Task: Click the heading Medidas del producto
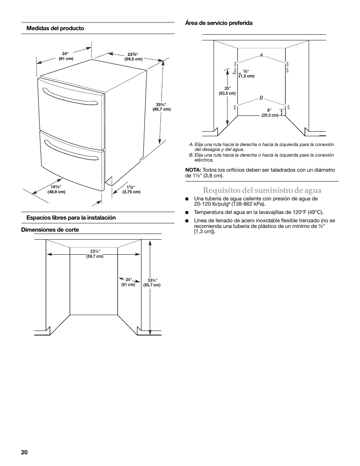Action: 55,28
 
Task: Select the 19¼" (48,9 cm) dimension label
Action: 56,189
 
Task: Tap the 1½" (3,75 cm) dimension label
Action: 131,189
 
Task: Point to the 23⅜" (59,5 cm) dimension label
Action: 133,57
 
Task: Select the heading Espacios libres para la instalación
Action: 71,218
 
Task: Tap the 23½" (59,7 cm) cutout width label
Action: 95,254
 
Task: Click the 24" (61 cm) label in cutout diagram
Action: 128,282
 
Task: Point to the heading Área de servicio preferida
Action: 218,23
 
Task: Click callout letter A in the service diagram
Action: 261,55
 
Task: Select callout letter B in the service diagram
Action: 261,98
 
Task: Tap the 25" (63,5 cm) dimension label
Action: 227,91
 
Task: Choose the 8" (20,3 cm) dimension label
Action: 270,113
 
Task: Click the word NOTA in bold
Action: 193,170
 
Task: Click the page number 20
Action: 25,452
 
